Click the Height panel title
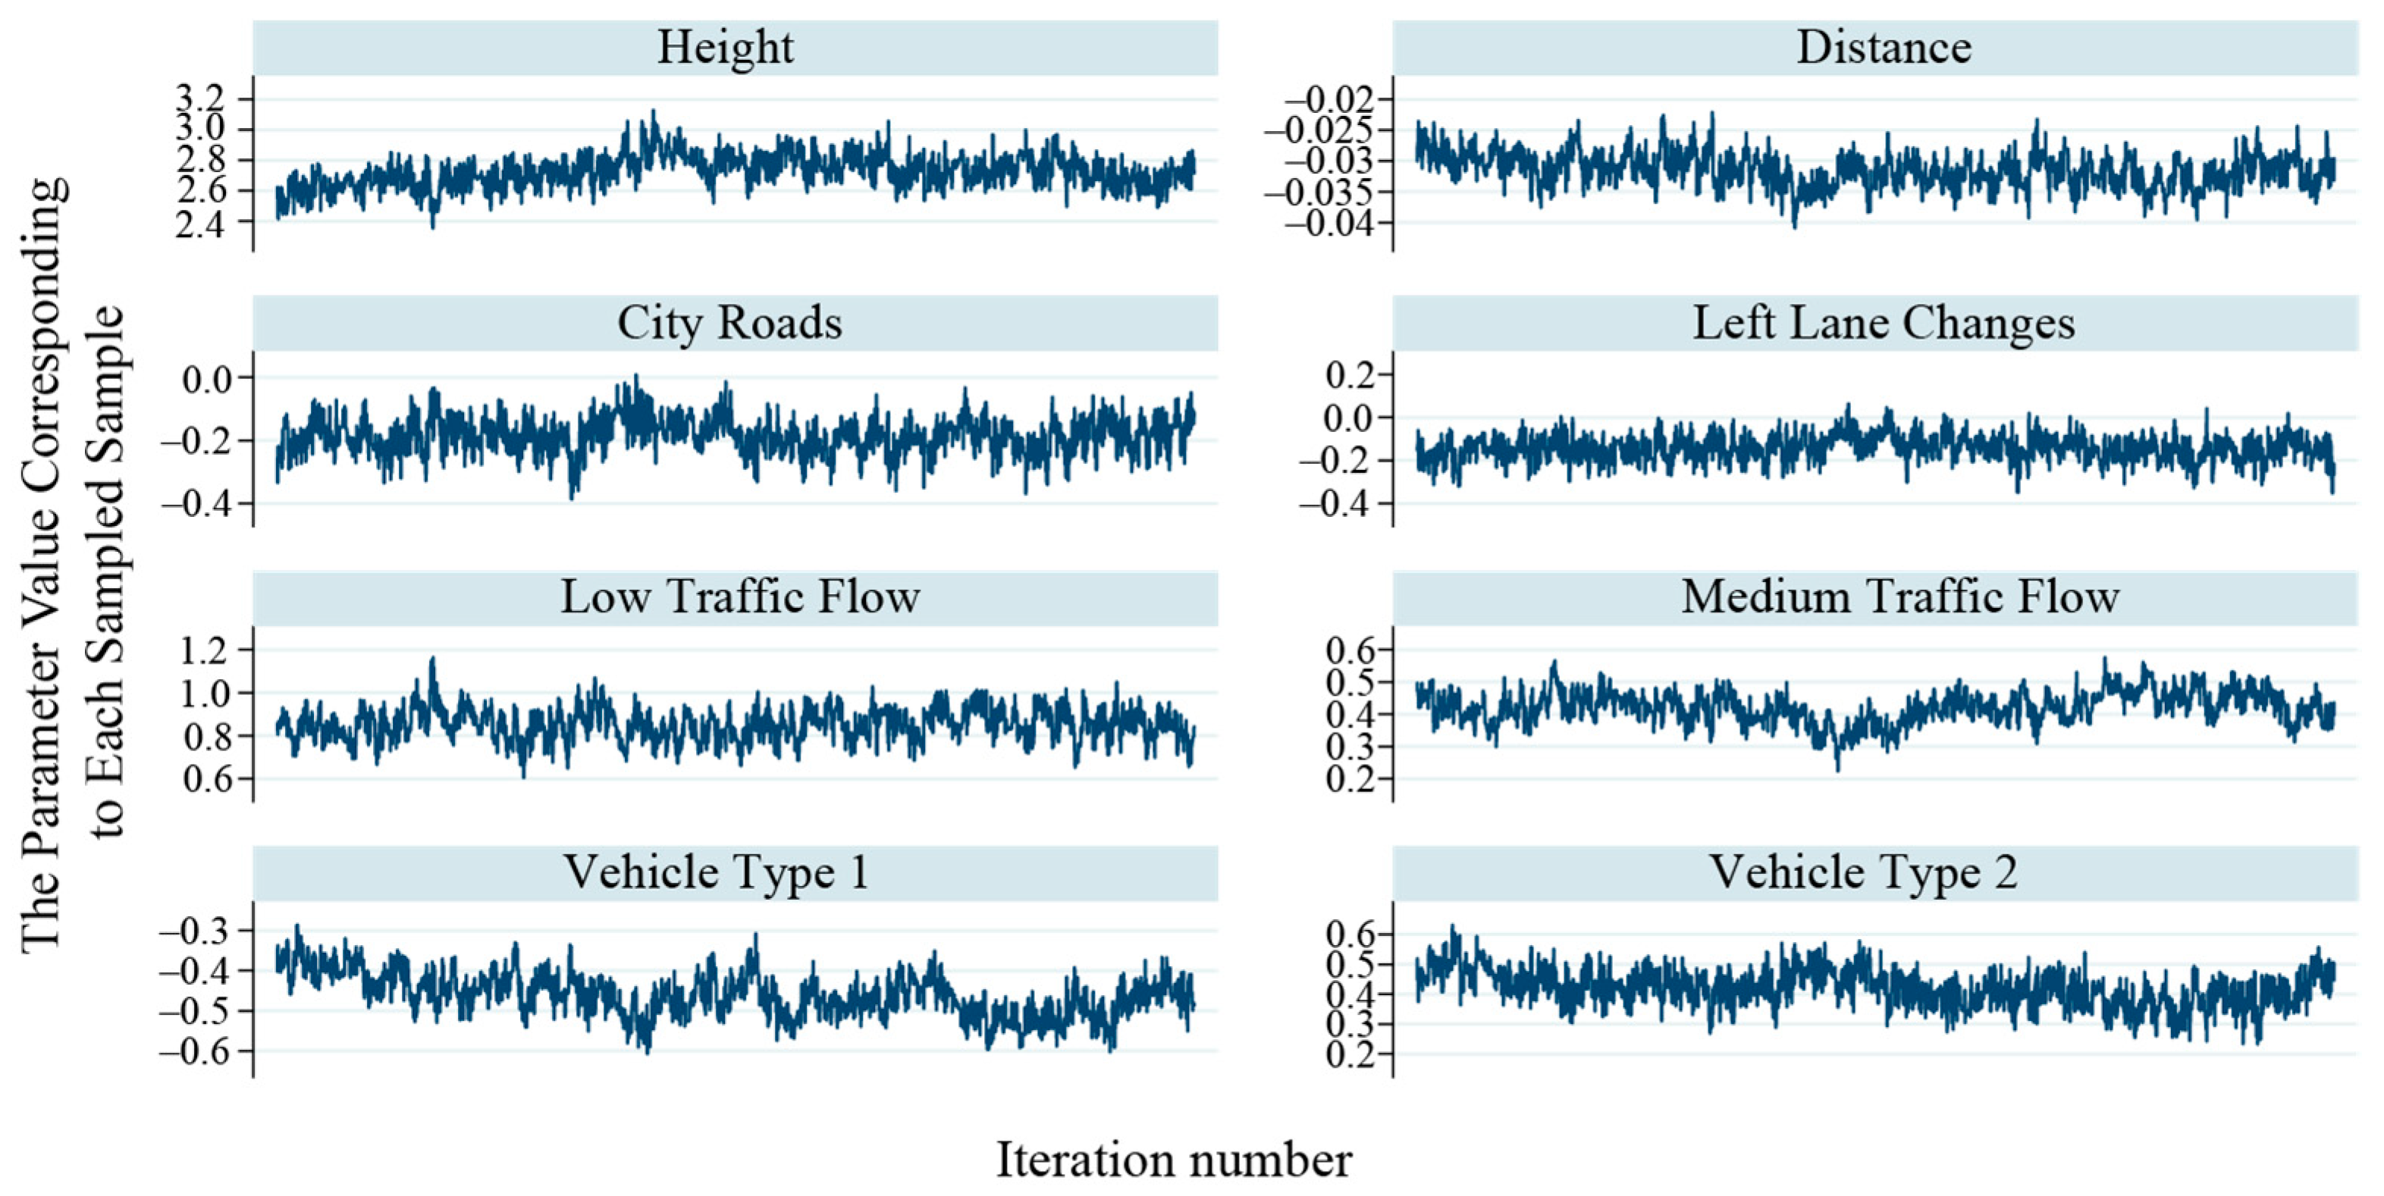pos(725,47)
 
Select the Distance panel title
pos(1884,47)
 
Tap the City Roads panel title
pos(729,323)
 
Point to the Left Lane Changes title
pos(1884,323)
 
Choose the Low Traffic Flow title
pos(739,596)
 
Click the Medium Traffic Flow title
pos(1899,596)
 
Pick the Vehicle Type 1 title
pos(717,872)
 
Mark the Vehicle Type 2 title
pos(1862,872)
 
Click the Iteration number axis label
pos(1174,1160)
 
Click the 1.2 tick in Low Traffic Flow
pos(205,651)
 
